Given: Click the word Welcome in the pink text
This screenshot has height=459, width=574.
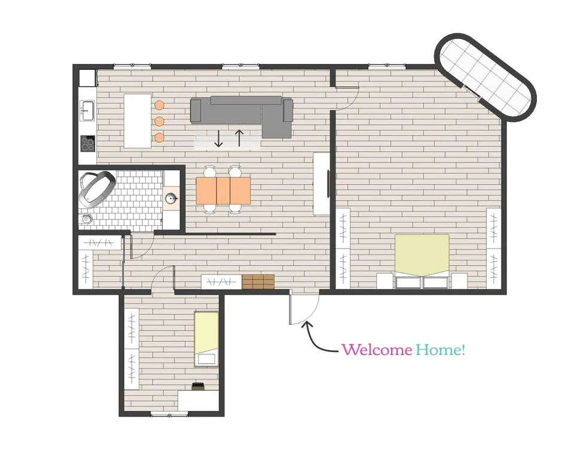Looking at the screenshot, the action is coord(377,350).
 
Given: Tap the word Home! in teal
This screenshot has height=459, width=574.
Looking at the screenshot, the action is coord(441,350).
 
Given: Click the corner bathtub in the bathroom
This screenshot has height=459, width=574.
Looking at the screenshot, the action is coord(97,188).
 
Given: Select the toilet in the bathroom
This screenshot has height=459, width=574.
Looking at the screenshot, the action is coord(86,219).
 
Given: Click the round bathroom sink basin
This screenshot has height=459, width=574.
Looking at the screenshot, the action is coord(170,198).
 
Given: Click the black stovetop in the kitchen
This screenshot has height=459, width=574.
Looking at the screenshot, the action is coord(88,143).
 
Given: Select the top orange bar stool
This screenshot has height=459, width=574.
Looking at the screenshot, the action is coord(159,105).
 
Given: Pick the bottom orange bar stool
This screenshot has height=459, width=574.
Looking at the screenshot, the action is coord(159,137).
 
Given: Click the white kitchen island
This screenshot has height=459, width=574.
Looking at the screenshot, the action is coord(138,121).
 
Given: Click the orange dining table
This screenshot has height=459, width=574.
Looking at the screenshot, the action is coord(223,191).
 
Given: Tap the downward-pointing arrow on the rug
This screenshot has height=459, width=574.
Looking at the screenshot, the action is coord(219,139).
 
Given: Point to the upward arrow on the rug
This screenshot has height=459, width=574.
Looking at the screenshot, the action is coord(239,138).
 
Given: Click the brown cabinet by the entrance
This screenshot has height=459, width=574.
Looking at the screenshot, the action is coord(258,281).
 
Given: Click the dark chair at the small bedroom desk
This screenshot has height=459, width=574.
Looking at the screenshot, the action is coord(198,387).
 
